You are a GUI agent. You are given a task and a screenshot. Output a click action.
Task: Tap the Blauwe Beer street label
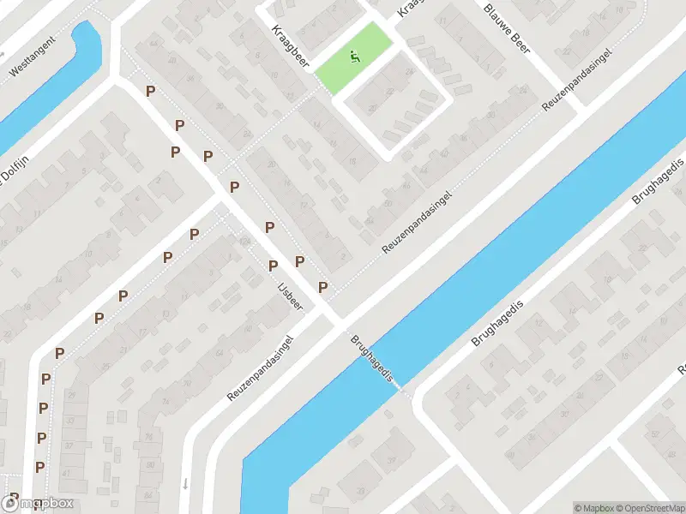click(507, 31)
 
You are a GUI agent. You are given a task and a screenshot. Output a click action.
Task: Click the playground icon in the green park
click(355, 57)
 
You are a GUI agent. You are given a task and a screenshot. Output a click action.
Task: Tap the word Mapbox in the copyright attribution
click(594, 507)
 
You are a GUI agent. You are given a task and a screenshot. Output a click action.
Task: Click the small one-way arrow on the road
click(185, 484)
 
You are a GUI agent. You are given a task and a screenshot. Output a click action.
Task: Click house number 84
click(370, 222)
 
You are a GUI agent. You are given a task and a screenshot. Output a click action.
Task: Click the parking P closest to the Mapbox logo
click(15, 497)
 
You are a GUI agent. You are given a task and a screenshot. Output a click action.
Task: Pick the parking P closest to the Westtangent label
click(151, 91)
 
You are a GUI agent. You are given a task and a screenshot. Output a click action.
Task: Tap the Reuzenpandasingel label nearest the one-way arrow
click(261, 368)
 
